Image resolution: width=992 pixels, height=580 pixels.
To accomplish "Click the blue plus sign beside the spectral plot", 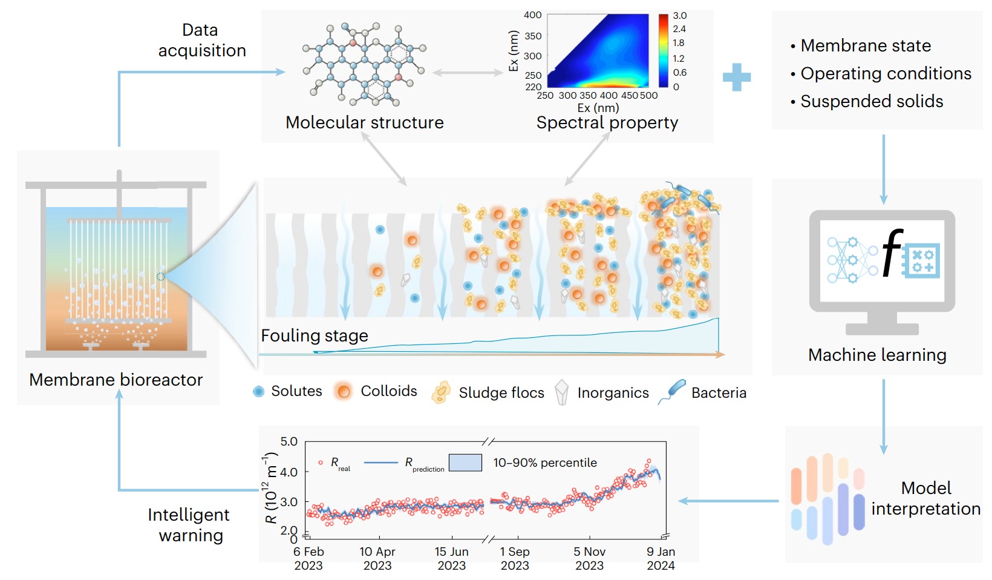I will [736, 77].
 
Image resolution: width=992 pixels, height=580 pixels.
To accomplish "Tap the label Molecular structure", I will [364, 123].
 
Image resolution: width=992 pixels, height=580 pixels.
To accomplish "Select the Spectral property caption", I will [607, 123].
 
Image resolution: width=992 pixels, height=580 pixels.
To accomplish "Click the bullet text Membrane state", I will [865, 46].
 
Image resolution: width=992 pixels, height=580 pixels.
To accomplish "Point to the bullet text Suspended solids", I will [871, 102].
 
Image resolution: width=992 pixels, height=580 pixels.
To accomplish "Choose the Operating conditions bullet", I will [886, 74].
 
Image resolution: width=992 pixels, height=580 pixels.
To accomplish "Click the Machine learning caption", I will [877, 355].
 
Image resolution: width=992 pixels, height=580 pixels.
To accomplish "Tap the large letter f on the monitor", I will [892, 252].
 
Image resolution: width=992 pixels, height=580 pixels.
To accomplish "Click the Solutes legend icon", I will [259, 392].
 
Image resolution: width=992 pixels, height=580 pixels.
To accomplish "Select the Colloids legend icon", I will [344, 392].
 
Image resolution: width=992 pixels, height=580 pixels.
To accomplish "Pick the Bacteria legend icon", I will [673, 391].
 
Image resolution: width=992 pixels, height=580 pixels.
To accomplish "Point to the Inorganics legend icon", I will [562, 392].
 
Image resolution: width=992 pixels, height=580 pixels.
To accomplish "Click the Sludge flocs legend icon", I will [441, 392].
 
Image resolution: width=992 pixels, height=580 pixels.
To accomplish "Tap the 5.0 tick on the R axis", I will [289, 442].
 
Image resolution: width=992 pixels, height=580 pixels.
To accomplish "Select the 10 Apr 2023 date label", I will [377, 558].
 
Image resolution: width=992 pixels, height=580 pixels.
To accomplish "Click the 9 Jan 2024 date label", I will [661, 558].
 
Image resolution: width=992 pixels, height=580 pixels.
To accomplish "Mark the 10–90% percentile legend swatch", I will [465, 463].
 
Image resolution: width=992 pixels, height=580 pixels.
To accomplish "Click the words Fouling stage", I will [315, 336].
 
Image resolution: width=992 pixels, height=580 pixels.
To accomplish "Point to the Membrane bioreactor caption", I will [116, 380].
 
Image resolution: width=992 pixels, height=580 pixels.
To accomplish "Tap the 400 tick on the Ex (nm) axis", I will [533, 15].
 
